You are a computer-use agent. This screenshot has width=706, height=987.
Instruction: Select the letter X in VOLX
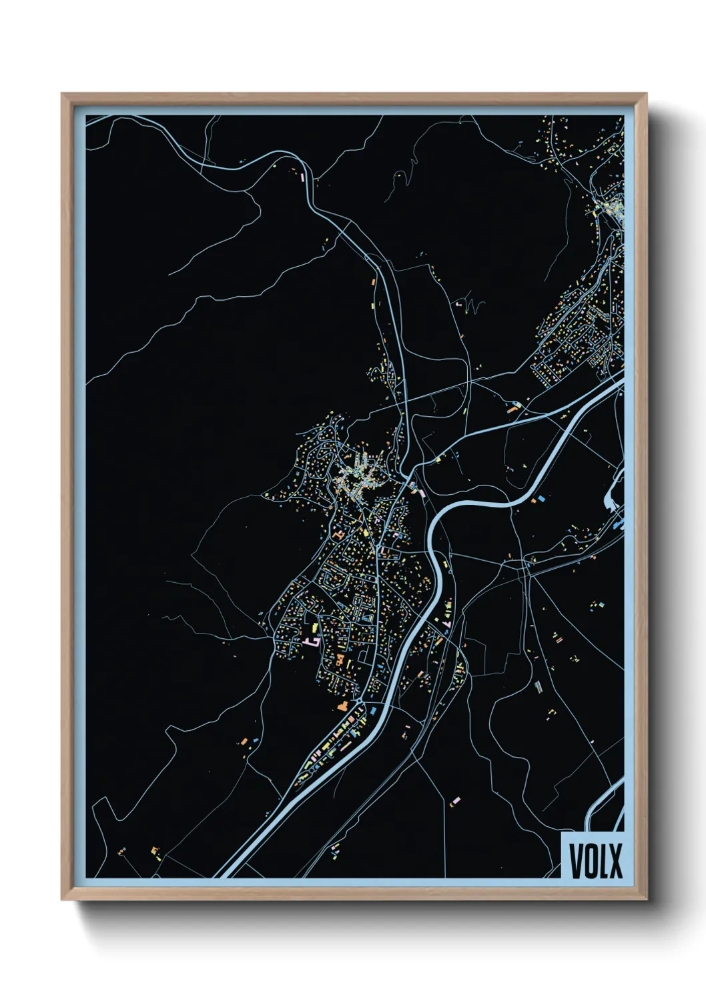[x=616, y=860]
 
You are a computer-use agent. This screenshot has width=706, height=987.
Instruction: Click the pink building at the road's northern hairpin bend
[x=304, y=178]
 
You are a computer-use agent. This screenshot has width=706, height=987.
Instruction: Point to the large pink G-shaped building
[x=311, y=641]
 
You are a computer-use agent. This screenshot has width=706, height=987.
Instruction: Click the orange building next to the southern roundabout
[x=342, y=706]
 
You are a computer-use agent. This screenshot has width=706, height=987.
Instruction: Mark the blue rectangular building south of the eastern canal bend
[x=543, y=498]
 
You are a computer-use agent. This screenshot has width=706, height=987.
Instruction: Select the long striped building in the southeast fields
[x=539, y=686]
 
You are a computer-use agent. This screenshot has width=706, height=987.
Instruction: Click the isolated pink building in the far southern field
[x=456, y=800]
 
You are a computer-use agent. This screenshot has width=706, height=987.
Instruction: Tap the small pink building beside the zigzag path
[x=458, y=303]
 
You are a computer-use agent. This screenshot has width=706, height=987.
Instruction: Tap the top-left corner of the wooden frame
[x=63, y=95]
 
